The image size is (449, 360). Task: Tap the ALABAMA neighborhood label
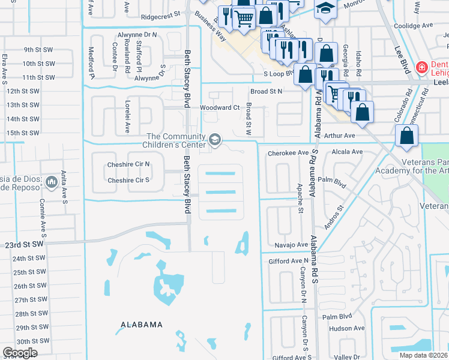point(141,325)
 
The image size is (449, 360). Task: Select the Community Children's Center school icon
point(214,140)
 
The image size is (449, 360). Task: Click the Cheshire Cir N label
point(128,164)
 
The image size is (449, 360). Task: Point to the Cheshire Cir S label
point(128,180)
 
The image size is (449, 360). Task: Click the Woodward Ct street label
point(220,107)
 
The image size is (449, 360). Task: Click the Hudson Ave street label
point(347,328)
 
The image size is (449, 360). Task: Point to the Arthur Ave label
point(340,136)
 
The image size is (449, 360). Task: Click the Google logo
point(20,353)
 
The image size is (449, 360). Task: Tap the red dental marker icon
point(422,67)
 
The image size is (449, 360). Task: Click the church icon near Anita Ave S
point(51,182)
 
